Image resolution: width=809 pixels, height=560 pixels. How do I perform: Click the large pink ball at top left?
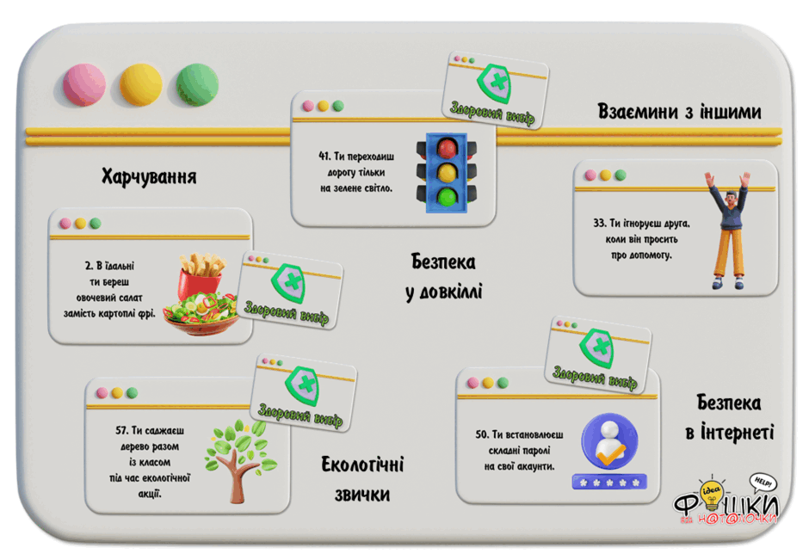pyautogui.click(x=84, y=84)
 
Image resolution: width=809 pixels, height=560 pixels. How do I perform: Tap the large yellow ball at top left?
pyautogui.click(x=141, y=84)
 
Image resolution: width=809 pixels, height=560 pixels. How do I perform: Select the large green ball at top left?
pyautogui.click(x=197, y=84)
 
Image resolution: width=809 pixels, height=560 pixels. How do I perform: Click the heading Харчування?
pyautogui.click(x=149, y=176)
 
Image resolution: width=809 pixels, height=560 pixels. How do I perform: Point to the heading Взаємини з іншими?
pyautogui.click(x=679, y=111)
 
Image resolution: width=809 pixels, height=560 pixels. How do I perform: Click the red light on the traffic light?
pyautogui.click(x=447, y=149)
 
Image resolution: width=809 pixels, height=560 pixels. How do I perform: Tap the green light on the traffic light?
pyautogui.click(x=447, y=197)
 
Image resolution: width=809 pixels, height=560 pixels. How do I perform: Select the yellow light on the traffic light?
pyautogui.click(x=447, y=173)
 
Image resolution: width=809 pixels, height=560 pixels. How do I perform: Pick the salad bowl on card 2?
pyautogui.click(x=201, y=313)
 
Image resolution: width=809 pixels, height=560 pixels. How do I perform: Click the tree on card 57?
pyautogui.click(x=241, y=460)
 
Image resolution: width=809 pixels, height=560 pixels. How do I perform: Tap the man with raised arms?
pyautogui.click(x=728, y=231)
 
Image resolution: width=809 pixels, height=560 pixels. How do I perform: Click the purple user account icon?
pyautogui.click(x=609, y=441)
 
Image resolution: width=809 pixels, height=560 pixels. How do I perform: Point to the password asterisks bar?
pyautogui.click(x=609, y=482)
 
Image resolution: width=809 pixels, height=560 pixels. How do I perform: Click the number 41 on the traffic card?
pyautogui.click(x=324, y=156)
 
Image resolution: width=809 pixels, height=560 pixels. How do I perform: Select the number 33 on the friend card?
pyautogui.click(x=600, y=223)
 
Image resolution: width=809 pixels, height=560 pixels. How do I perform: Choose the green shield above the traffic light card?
pyautogui.click(x=494, y=83)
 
